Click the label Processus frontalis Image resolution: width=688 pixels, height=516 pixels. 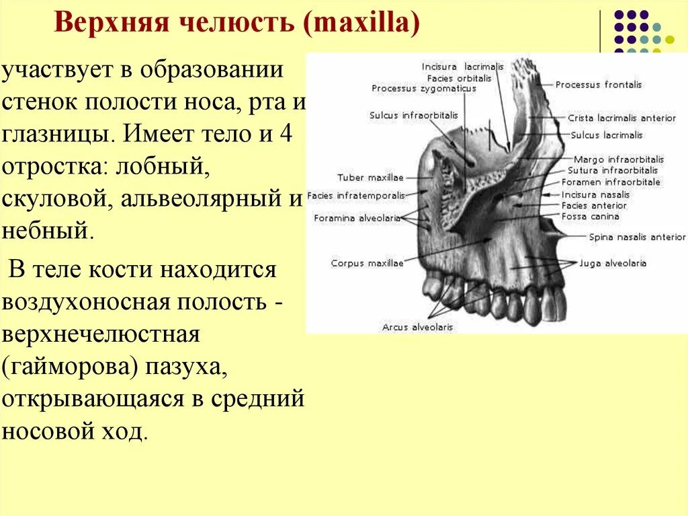(598, 85)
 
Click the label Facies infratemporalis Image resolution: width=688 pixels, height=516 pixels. (357, 196)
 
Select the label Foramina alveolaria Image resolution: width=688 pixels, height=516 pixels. (357, 218)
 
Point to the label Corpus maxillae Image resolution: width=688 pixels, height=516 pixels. (367, 263)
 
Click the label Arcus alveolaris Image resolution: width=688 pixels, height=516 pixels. (417, 327)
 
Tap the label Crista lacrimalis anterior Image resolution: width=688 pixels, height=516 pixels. (621, 118)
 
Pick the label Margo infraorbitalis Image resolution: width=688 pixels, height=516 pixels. (617, 159)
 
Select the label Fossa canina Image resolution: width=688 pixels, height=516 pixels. (590, 217)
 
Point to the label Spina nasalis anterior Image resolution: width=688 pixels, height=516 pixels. (637, 237)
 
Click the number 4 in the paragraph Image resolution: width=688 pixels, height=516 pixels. (285, 134)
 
